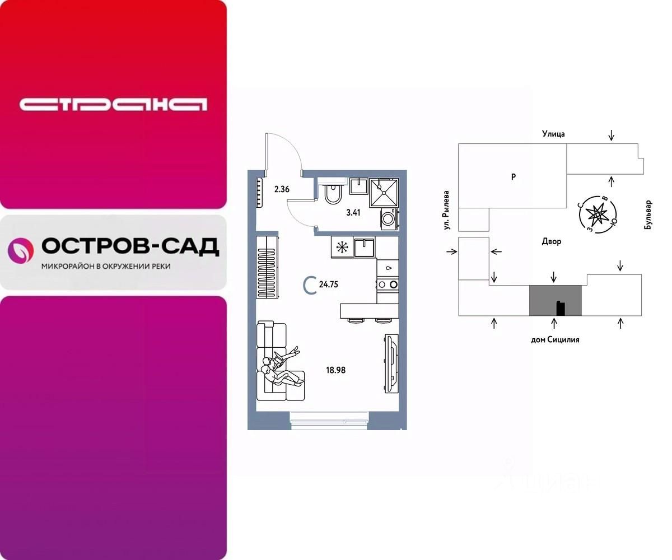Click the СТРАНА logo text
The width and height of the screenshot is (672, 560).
pyautogui.click(x=113, y=105)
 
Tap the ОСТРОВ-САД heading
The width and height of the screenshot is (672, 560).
pyautogui.click(x=130, y=246)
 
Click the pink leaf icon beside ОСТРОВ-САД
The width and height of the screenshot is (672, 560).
pyautogui.click(x=20, y=250)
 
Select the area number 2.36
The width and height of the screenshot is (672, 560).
pyautogui.click(x=282, y=189)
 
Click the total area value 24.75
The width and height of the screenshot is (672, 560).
pyautogui.click(x=329, y=284)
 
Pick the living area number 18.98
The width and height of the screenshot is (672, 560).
pyautogui.click(x=336, y=370)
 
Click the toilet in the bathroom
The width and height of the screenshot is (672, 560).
pyautogui.click(x=333, y=194)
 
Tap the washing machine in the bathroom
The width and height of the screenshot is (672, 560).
pyautogui.click(x=388, y=218)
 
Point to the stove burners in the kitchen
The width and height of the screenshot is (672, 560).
pyautogui.click(x=388, y=284)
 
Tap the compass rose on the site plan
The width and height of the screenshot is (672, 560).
pyautogui.click(x=599, y=213)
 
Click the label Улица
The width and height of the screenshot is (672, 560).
pyautogui.click(x=553, y=134)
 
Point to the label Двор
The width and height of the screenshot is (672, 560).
pyautogui.click(x=551, y=241)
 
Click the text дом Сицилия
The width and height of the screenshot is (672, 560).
pyautogui.click(x=554, y=339)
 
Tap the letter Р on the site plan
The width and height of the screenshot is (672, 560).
pyautogui.click(x=513, y=177)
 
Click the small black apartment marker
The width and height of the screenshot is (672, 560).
pyautogui.click(x=560, y=308)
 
